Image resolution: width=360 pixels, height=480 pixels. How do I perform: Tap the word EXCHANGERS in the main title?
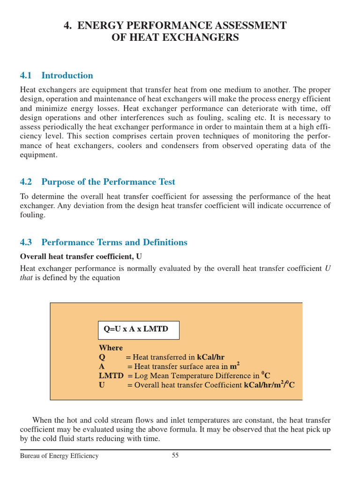click(199, 38)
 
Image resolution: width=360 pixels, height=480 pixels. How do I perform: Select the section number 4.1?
click(26, 75)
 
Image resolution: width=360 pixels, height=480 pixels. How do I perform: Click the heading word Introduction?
click(67, 75)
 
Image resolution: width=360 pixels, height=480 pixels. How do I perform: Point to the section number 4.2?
click(26, 182)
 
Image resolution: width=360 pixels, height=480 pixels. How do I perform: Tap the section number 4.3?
click(26, 242)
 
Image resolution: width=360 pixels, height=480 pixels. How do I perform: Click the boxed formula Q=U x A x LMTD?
click(136, 330)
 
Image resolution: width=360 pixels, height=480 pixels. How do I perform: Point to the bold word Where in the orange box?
click(111, 348)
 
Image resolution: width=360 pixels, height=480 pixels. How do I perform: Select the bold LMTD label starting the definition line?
click(111, 376)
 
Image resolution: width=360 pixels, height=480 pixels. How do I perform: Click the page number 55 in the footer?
click(175, 456)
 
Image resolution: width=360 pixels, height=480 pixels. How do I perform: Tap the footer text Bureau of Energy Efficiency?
click(59, 456)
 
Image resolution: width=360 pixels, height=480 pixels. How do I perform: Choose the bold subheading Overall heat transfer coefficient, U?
click(81, 256)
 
